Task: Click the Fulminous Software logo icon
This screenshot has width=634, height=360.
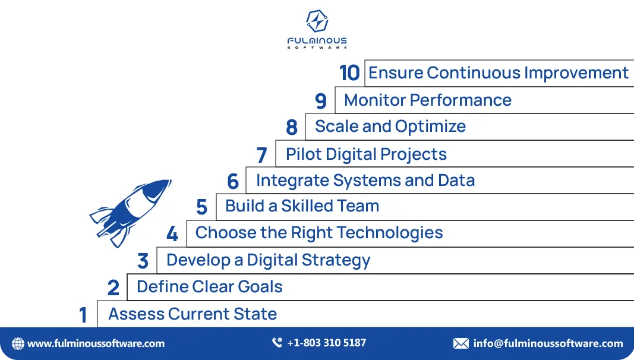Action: (317, 21)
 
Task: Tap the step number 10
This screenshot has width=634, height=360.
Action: (349, 73)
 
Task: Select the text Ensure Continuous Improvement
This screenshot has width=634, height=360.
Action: (498, 73)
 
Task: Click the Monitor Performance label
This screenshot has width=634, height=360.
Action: (427, 100)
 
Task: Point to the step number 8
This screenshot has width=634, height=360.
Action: (291, 127)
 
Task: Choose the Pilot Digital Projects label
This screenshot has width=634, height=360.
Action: (366, 154)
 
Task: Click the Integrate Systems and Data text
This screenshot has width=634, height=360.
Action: (365, 180)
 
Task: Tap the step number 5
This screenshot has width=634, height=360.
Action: (201, 207)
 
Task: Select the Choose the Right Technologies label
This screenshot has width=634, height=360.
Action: (319, 232)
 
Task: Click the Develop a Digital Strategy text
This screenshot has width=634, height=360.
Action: (268, 260)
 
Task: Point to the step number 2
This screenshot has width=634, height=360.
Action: (113, 288)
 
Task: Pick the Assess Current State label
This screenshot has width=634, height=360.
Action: (193, 314)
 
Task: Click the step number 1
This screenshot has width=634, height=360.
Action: (83, 315)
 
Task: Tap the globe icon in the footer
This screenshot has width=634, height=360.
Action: (18, 343)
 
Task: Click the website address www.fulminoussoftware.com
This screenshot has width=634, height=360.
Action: (96, 343)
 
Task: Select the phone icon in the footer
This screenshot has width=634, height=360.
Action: (277, 343)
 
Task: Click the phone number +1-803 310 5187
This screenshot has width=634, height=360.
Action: (326, 343)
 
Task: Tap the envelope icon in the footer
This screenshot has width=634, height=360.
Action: (460, 343)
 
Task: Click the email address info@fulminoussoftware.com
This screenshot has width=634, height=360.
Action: (548, 343)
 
